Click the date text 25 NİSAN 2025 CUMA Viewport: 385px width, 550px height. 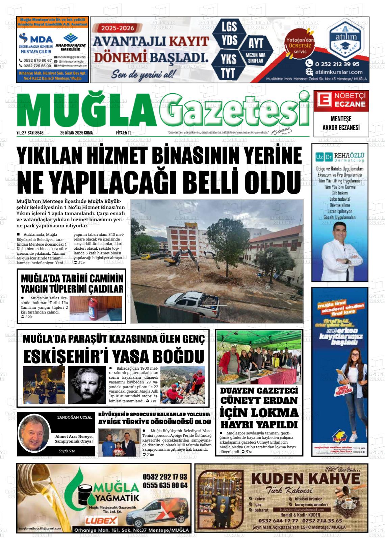tap(76, 133)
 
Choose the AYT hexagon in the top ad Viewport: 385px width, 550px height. tap(256, 44)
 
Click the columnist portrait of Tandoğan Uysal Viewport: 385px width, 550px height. tap(34, 433)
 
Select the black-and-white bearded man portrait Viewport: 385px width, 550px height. tap(87, 384)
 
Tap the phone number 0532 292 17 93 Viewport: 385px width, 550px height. tap(165, 477)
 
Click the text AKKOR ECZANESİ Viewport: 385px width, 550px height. tap(341, 127)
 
